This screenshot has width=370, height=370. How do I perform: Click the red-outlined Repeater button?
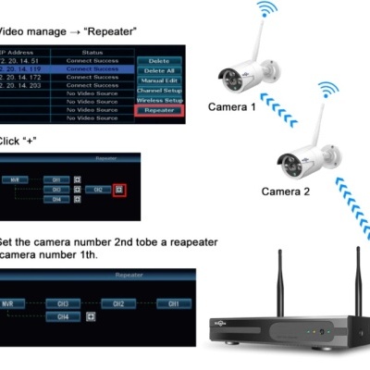coord(158,110)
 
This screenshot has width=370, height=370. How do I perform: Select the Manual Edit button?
coord(158,80)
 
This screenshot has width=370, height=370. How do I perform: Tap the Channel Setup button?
coord(158,91)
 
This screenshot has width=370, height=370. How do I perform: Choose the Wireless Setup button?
coord(158,100)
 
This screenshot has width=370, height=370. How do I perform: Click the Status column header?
coord(92,52)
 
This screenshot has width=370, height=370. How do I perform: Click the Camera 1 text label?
coord(232,107)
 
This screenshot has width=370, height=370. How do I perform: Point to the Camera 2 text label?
coord(286,191)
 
